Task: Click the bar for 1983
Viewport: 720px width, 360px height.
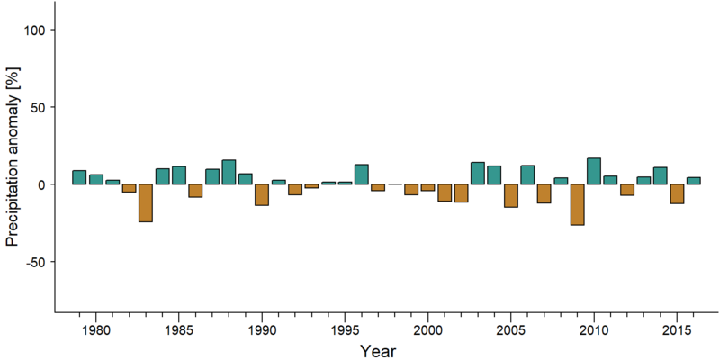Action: point(146,203)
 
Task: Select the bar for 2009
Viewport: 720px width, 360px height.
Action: point(577,205)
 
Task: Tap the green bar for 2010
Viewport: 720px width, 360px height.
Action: point(594,171)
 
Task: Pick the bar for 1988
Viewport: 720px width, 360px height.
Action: point(229,172)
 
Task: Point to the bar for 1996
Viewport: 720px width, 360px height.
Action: point(362,175)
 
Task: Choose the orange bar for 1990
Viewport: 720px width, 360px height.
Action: point(262,194)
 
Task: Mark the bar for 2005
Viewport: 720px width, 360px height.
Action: point(510,195)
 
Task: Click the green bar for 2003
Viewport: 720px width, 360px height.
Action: point(478,173)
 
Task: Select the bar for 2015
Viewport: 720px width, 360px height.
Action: point(677,193)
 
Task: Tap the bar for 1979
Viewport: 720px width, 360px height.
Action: point(79,177)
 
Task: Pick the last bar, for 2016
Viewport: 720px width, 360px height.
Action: point(693,181)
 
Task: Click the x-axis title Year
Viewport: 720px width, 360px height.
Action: point(377,351)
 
